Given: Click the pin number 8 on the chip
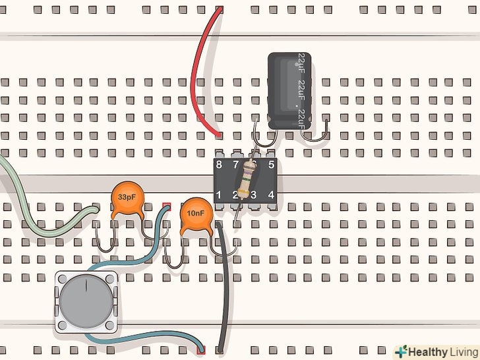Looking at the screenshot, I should click(219, 165).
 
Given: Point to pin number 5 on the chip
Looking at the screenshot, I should click(271, 165).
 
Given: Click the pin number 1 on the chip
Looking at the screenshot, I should click(219, 195).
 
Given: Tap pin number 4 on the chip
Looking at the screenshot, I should click(271, 195).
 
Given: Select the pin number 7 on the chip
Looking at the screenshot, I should click(235, 165).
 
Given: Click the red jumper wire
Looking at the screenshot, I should click(198, 73).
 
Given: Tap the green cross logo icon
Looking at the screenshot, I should click(401, 351).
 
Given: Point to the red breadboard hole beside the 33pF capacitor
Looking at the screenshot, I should click(166, 206).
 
